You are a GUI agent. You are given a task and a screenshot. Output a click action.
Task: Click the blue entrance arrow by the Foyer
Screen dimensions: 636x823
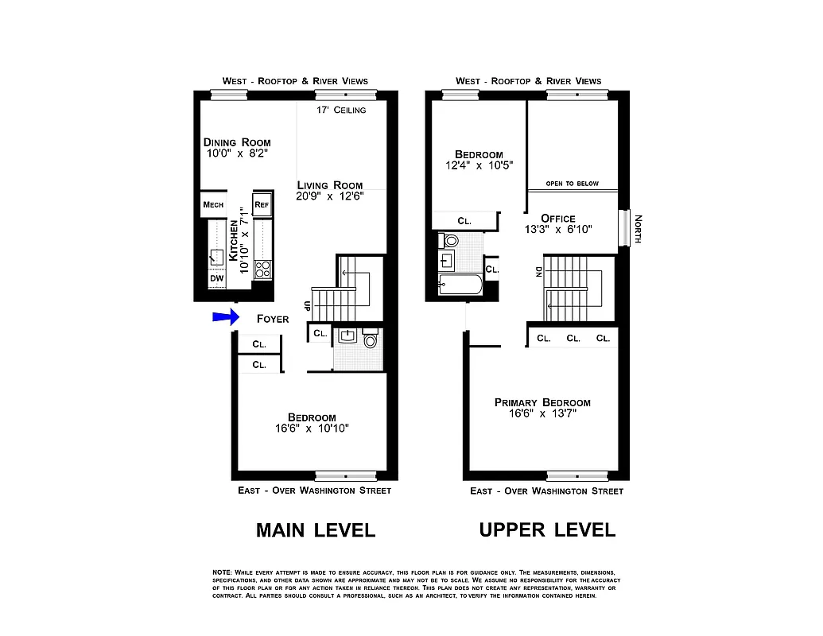click(x=225, y=318)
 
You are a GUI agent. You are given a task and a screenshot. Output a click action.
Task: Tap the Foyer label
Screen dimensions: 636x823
click(x=273, y=319)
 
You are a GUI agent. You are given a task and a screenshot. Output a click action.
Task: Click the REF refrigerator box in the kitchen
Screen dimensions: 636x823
click(x=262, y=205)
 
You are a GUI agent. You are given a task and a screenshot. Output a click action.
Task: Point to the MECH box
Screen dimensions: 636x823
click(x=213, y=205)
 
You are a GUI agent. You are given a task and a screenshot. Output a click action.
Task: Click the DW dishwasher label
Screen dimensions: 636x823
click(x=216, y=278)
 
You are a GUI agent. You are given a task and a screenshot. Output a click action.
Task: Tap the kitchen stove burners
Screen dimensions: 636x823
click(x=263, y=270)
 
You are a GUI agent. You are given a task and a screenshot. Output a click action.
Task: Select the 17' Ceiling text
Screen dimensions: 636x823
click(x=341, y=110)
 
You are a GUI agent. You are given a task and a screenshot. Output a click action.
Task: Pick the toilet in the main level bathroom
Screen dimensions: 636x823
click(x=371, y=340)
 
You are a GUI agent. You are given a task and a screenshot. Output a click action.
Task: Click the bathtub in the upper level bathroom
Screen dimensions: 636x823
click(x=460, y=285)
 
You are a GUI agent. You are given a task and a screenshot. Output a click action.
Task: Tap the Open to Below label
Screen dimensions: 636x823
click(x=572, y=184)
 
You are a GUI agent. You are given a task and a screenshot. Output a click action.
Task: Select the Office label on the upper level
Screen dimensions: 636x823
click(x=557, y=219)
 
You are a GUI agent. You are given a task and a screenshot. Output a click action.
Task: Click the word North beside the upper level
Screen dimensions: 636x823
click(x=638, y=228)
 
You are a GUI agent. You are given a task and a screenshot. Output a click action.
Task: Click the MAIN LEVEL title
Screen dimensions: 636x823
click(x=315, y=530)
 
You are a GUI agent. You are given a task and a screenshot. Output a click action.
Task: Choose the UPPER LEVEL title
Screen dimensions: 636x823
click(x=547, y=530)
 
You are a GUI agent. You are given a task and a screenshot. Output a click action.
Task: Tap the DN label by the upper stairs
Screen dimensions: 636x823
click(x=540, y=273)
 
